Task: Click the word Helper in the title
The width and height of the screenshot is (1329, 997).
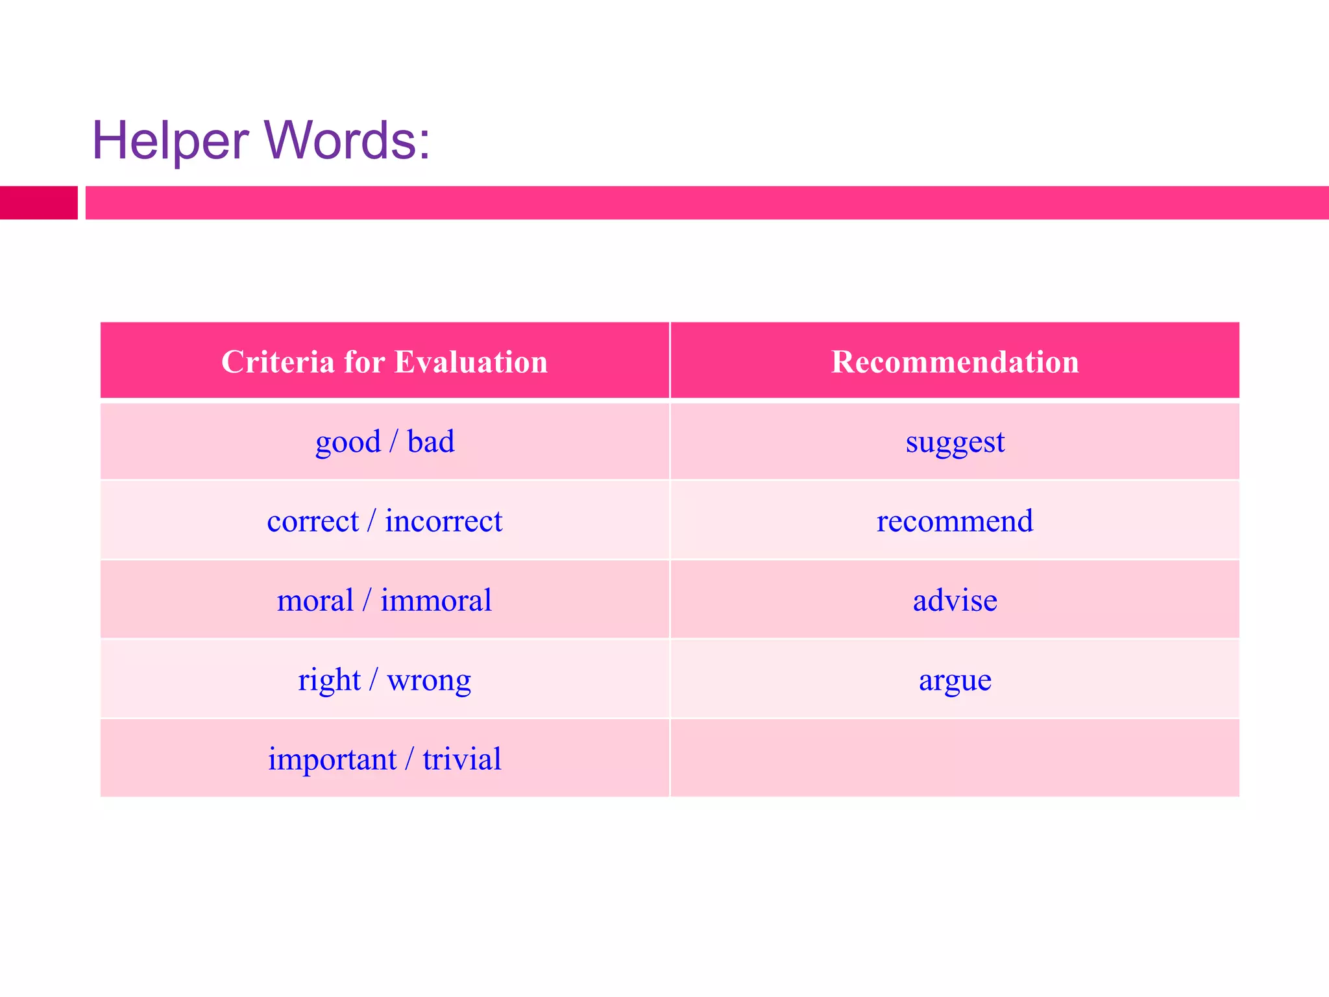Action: (x=170, y=140)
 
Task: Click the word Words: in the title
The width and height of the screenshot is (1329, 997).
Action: (x=347, y=140)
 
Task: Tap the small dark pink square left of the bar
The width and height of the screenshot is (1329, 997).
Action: (x=38, y=203)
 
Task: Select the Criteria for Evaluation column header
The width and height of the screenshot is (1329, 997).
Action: (x=384, y=362)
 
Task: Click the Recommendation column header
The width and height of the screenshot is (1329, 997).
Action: (x=955, y=362)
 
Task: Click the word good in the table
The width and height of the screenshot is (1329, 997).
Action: (x=348, y=443)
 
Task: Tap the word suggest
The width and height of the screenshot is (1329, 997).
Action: (x=955, y=443)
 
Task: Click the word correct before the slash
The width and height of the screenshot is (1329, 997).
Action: (x=313, y=521)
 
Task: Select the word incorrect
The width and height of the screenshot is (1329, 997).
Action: (x=444, y=521)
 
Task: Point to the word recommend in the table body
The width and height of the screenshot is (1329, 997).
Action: (x=955, y=521)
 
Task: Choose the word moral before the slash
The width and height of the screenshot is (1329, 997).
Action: (x=315, y=600)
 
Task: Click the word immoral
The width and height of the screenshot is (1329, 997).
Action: (x=436, y=600)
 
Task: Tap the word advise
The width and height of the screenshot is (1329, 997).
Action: (x=955, y=600)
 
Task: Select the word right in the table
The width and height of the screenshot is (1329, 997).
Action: (x=329, y=681)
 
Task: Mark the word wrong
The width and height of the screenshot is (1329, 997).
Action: (x=429, y=681)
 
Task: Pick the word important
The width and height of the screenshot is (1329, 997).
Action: (x=332, y=759)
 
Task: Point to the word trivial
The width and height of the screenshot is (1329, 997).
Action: (x=462, y=759)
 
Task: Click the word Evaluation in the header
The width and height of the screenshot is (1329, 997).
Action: (x=471, y=362)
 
